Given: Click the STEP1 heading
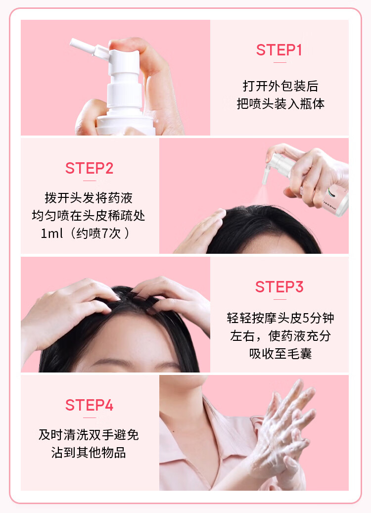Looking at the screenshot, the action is tap(279, 50).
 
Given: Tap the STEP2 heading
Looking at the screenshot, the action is tap(90, 168).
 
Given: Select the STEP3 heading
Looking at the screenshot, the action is tap(279, 287).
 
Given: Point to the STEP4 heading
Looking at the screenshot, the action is tap(90, 405).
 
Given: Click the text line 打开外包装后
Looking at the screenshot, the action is tap(280, 86).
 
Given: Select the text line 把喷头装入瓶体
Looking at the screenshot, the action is tap(280, 104).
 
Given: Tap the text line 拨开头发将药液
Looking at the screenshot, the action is tap(89, 198).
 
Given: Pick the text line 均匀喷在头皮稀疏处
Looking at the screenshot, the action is tap(89, 216).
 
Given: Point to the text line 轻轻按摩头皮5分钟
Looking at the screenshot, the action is tap(280, 318).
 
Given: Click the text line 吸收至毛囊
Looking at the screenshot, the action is tap(280, 353).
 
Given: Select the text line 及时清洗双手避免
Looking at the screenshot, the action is tap(89, 435).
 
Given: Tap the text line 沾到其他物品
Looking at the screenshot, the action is tap(89, 453).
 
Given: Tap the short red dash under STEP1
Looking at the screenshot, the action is tap(279, 62).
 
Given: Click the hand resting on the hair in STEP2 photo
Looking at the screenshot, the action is tap(201, 231).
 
